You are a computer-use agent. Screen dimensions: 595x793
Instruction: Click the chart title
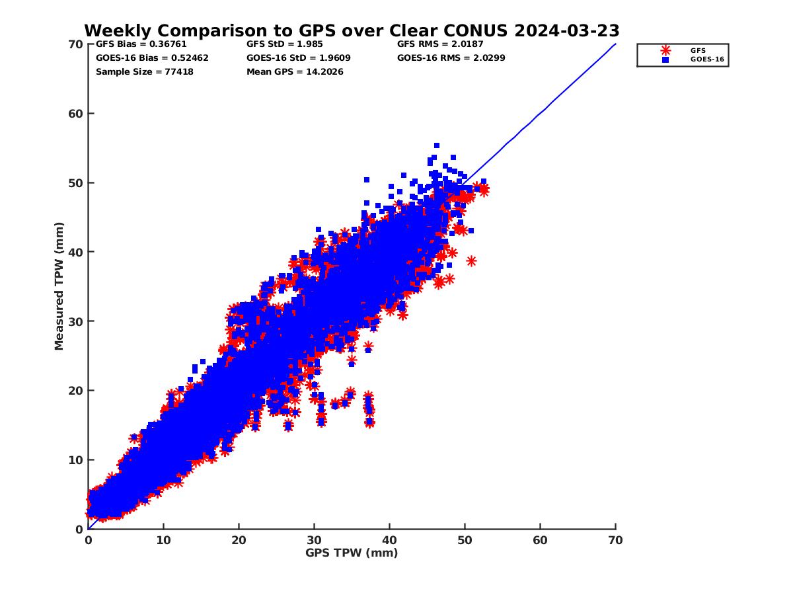(x=352, y=30)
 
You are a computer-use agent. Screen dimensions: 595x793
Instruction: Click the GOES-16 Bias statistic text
(x=152, y=58)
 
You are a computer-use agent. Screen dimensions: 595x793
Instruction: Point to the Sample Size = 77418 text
(x=145, y=71)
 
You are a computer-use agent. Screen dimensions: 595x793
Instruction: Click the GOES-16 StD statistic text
(x=298, y=58)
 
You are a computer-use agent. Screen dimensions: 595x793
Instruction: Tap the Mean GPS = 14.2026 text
(x=295, y=71)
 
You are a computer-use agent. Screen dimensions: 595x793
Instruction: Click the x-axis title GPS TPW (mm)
(x=352, y=553)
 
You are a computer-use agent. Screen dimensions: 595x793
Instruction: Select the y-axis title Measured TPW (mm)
(x=59, y=286)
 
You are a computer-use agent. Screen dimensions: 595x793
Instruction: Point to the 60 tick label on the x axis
(x=540, y=540)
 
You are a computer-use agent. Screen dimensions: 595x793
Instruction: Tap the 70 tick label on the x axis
(x=615, y=540)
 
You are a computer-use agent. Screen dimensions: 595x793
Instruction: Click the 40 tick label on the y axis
(x=75, y=252)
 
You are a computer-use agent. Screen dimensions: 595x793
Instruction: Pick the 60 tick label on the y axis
(x=75, y=114)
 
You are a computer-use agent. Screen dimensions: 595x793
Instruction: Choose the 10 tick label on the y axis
(x=75, y=460)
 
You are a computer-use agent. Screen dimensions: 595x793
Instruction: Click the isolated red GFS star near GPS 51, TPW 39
(x=471, y=261)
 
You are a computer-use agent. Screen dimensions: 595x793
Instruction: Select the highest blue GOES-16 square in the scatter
(x=437, y=145)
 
